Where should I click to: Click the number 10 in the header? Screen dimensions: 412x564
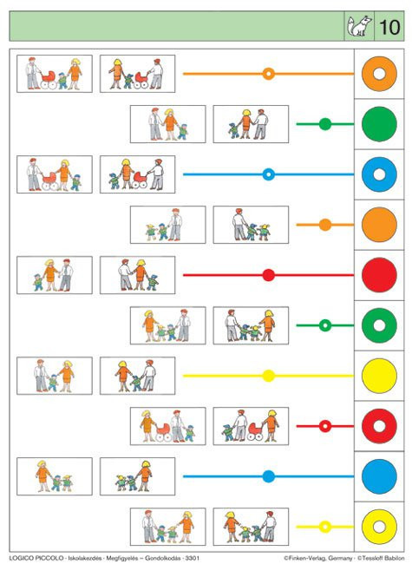pos(389,27)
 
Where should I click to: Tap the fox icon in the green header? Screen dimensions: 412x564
pos(359,26)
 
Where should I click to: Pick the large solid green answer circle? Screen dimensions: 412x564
pos(379,124)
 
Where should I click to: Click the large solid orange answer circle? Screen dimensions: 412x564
pos(379,225)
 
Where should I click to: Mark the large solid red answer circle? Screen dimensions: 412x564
pos(379,275)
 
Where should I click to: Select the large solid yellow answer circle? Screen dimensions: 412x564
pos(379,376)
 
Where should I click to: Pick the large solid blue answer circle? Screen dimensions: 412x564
pos(379,476)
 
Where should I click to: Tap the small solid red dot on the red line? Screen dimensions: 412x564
pos(269,275)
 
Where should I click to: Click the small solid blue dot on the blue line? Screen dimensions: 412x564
pos(269,476)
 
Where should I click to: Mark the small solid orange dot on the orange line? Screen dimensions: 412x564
pos(325,225)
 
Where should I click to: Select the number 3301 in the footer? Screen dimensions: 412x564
pos(192,558)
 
